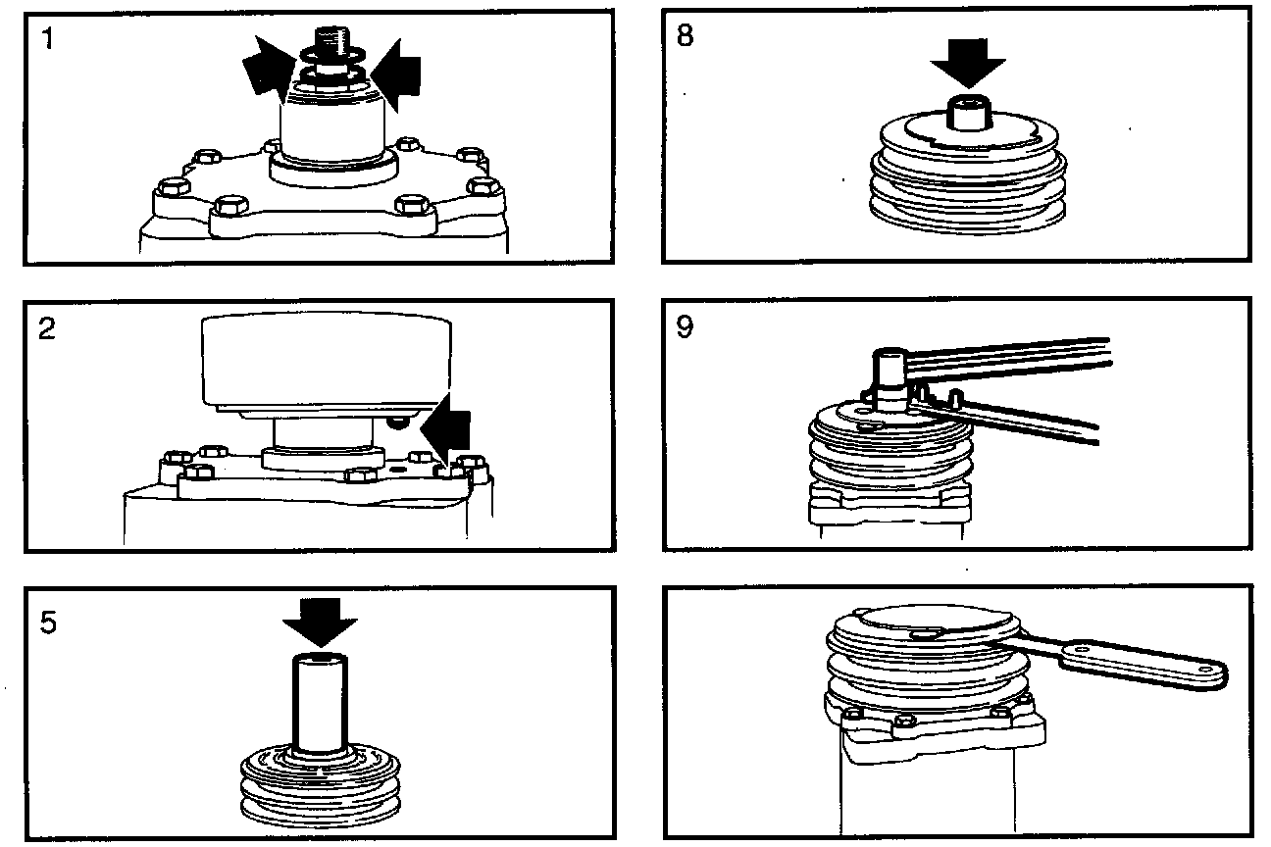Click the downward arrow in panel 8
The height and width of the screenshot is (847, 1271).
click(967, 68)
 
